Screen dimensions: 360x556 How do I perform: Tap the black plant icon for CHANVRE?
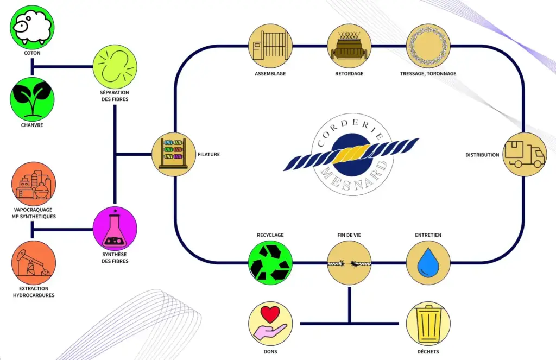tap(33, 100)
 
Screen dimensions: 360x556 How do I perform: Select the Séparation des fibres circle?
tap(115, 66)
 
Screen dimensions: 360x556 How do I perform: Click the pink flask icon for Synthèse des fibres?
tap(115, 229)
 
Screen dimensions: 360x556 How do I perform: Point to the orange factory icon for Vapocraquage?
tap(34, 184)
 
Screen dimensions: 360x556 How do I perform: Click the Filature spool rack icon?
tap(173, 154)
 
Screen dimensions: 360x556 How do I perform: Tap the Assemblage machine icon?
tap(270, 46)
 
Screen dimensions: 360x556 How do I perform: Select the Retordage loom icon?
tap(349, 46)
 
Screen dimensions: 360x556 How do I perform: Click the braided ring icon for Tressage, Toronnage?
tap(428, 46)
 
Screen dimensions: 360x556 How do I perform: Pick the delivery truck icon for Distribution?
tap(524, 154)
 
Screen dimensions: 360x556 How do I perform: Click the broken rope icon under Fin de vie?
tap(349, 263)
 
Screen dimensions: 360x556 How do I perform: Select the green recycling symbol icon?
tap(270, 263)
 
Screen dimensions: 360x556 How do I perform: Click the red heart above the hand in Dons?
tap(270, 314)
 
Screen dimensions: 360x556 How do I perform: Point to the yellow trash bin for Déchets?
tap(428, 324)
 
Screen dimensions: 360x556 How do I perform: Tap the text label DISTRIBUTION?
tap(482, 155)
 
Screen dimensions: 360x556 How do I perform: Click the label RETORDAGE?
tap(349, 74)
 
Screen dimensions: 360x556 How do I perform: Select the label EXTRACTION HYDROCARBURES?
tap(34, 292)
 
